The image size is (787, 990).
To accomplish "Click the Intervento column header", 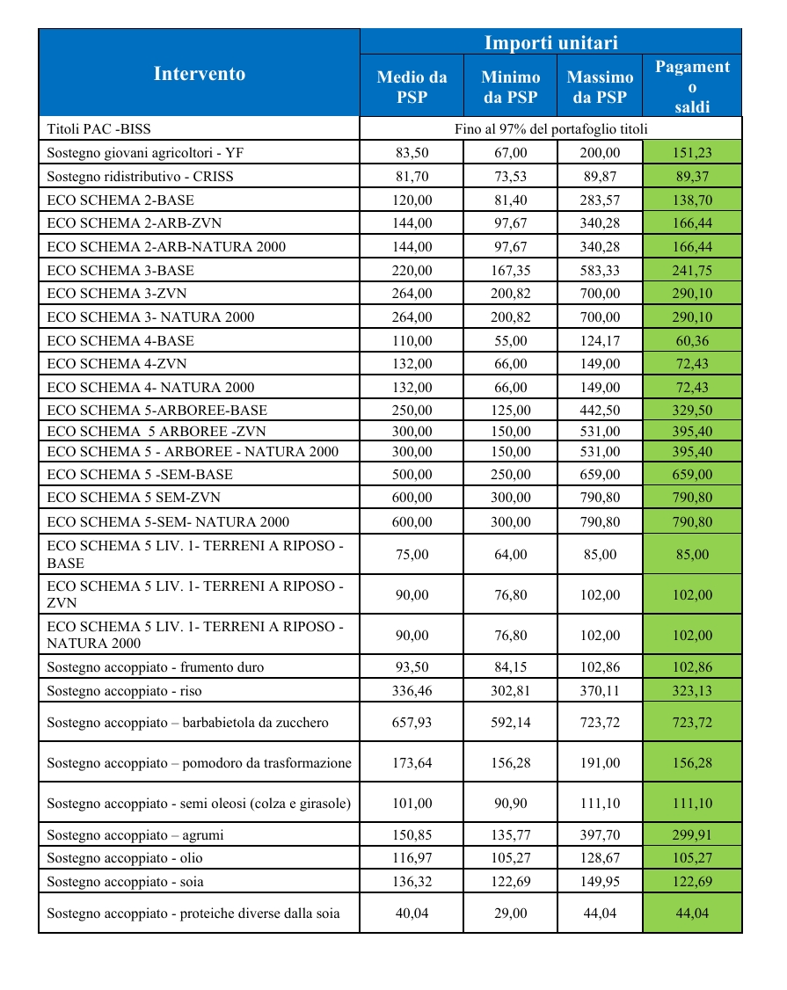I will pyautogui.click(x=200, y=73).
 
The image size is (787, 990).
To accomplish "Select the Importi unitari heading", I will pyautogui.click(x=551, y=42).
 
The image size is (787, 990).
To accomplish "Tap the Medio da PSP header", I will pyautogui.click(x=412, y=87).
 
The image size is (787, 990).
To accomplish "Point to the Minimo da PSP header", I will pyautogui.click(x=510, y=87).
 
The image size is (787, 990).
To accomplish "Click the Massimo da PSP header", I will pyautogui.click(x=600, y=87).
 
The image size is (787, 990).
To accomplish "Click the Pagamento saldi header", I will pyautogui.click(x=692, y=86).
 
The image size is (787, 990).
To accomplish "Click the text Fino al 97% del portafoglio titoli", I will pyautogui.click(x=551, y=129).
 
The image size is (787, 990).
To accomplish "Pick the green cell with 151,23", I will pyautogui.click(x=692, y=153).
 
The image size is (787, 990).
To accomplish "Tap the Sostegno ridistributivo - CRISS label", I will pyautogui.click(x=140, y=177).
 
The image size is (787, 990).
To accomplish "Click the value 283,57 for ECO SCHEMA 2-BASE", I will pyautogui.click(x=600, y=200).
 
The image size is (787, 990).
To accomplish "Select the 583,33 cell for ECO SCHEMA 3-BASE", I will pyautogui.click(x=600, y=270).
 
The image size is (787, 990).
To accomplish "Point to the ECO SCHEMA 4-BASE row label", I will pyautogui.click(x=120, y=340).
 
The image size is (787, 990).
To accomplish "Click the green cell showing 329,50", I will pyautogui.click(x=692, y=411).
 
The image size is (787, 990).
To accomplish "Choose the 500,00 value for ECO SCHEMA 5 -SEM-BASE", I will pyautogui.click(x=412, y=475).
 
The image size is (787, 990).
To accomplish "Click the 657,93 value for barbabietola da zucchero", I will pyautogui.click(x=412, y=723).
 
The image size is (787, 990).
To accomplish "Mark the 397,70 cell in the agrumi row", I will pyautogui.click(x=600, y=834).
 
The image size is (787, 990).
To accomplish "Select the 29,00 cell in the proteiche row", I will pyautogui.click(x=510, y=914).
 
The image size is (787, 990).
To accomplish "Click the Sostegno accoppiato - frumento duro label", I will pyautogui.click(x=155, y=667).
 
